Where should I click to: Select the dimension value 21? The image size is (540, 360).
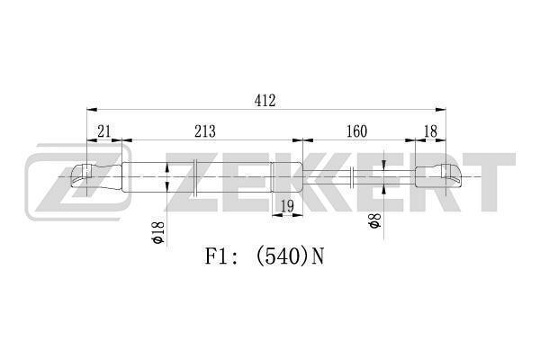(104, 131)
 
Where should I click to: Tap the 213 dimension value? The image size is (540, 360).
(205, 131)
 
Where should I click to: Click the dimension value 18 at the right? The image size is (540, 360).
(429, 131)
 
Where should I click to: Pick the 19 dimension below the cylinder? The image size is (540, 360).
(286, 207)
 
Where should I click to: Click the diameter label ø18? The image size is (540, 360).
(157, 232)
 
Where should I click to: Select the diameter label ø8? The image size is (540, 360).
(374, 220)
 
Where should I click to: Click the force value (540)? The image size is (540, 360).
(282, 256)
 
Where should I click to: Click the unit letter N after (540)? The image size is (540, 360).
(317, 256)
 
